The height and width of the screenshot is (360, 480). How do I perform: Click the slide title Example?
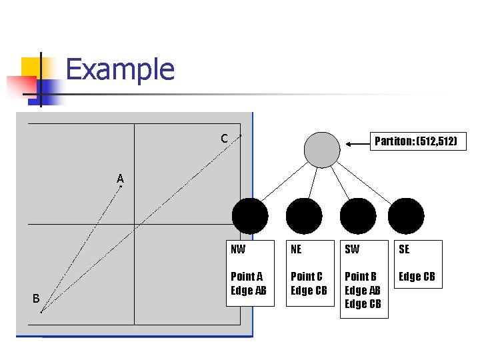pyautogui.click(x=120, y=69)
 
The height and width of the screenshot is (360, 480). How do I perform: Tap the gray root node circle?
pyautogui.click(x=322, y=149)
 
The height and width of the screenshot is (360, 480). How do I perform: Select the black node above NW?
pyautogui.click(x=250, y=216)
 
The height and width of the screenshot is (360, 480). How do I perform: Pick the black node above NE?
pyautogui.click(x=304, y=216)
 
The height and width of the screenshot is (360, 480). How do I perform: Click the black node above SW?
pyautogui.click(x=358, y=216)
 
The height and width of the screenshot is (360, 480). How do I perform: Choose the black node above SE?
pyautogui.click(x=406, y=216)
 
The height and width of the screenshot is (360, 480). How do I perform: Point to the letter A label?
pyautogui.click(x=120, y=179)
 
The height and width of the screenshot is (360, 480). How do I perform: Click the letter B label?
pyautogui.click(x=36, y=298)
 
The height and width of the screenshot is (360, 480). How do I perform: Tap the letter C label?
pyautogui.click(x=225, y=139)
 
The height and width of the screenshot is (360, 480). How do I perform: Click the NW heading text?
pyautogui.click(x=238, y=249)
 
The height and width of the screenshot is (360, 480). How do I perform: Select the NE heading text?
pyautogui.click(x=296, y=249)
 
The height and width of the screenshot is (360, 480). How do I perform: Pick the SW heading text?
pyautogui.click(x=351, y=249)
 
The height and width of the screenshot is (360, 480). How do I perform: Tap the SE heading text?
pyautogui.click(x=404, y=249)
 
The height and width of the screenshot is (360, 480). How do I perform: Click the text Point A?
pyautogui.click(x=247, y=276)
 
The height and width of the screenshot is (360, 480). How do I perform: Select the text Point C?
pyautogui.click(x=307, y=276)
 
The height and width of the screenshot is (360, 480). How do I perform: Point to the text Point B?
pyautogui.click(x=361, y=276)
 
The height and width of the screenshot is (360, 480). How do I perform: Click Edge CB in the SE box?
pyautogui.click(x=417, y=276)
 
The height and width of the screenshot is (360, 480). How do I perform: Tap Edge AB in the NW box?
pyautogui.click(x=248, y=290)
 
